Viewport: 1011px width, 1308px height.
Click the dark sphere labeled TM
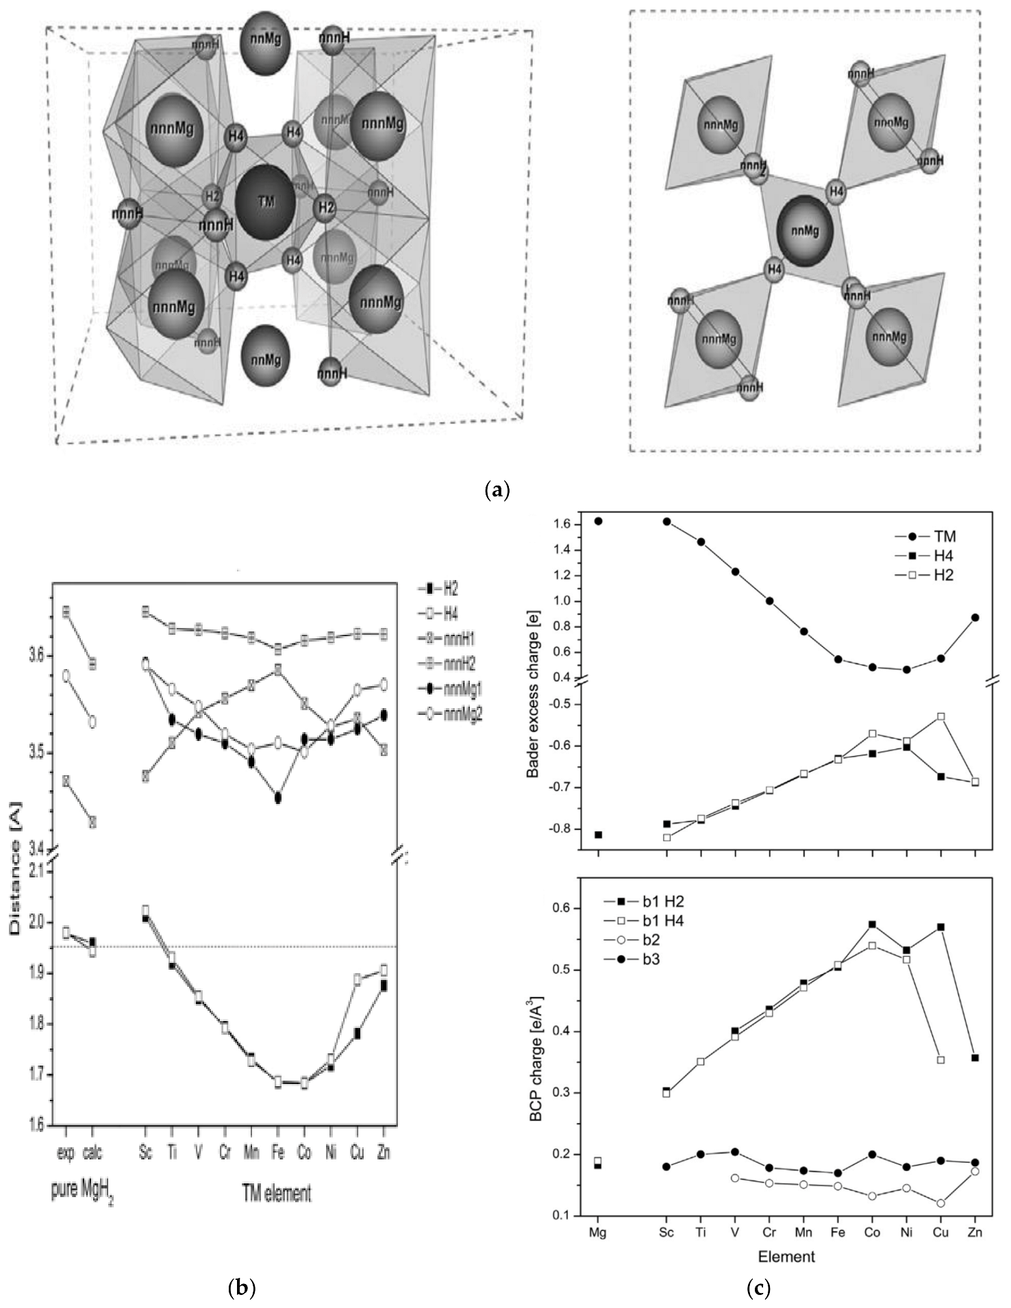pos(265,202)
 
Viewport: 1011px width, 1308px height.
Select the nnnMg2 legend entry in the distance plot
pos(451,714)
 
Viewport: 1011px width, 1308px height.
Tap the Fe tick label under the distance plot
pos(278,1153)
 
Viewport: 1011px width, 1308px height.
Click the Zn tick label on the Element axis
pos(975,1232)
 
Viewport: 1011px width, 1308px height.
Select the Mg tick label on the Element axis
pos(598,1232)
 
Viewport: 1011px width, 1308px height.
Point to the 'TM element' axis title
pos(276,1193)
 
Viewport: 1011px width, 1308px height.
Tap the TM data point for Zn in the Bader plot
pos(975,618)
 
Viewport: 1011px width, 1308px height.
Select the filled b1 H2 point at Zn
pos(975,1058)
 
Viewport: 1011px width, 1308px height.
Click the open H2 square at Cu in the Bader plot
pos(940,716)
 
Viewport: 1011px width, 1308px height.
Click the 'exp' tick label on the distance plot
pos(66,1153)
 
